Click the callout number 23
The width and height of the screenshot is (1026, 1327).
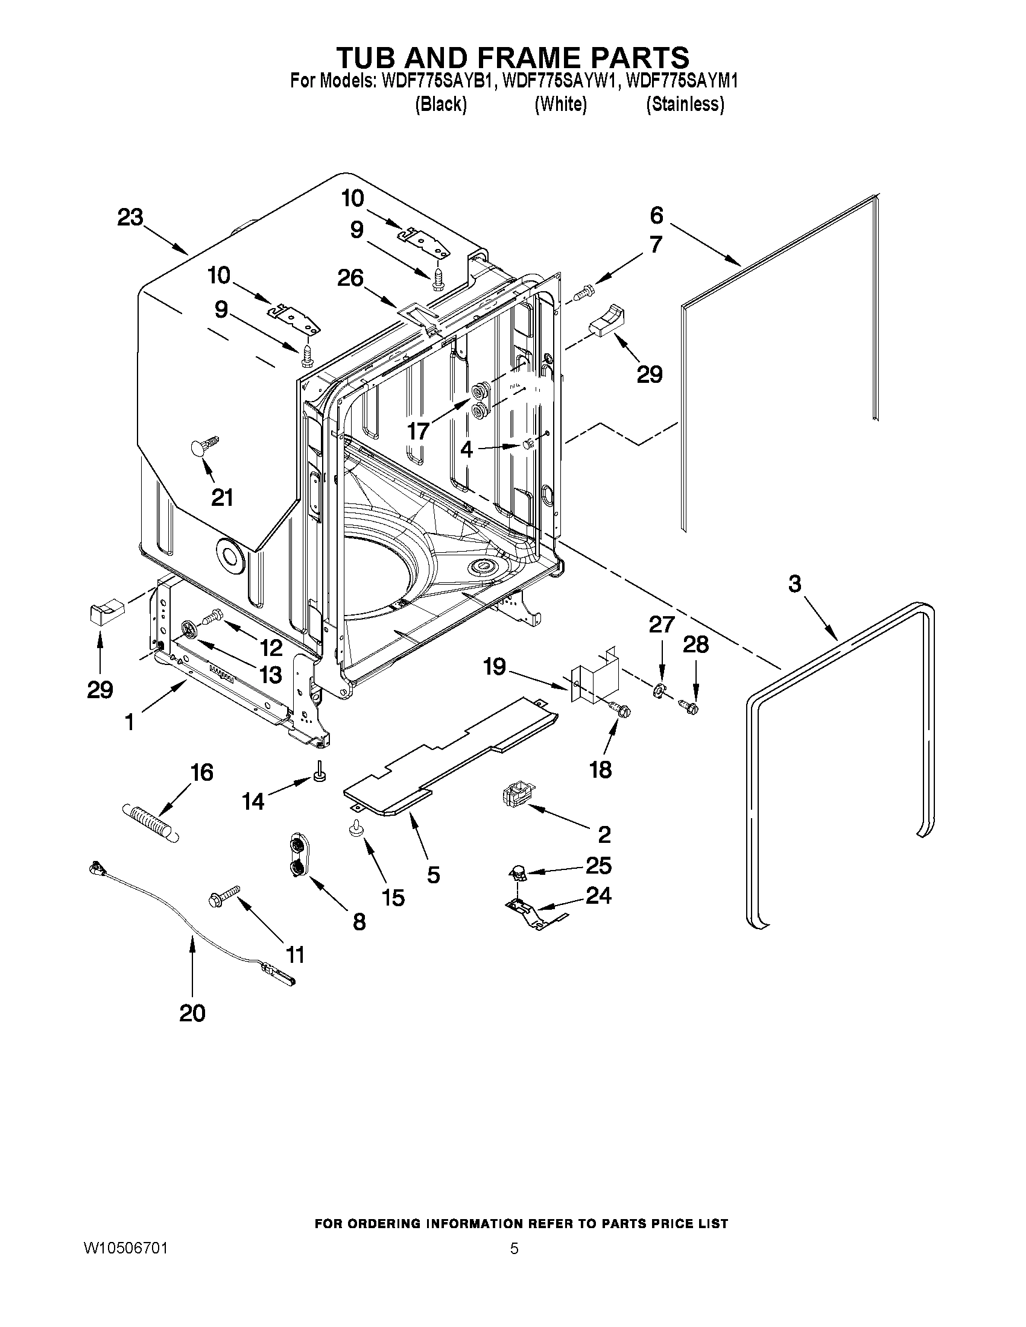tap(130, 218)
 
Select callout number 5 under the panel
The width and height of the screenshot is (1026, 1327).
tap(432, 874)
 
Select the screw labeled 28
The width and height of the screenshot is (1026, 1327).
tap(689, 705)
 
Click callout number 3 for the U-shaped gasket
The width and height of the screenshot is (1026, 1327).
tap(795, 584)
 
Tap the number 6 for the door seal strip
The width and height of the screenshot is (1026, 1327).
tap(656, 215)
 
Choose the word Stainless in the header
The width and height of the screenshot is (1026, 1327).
tap(685, 104)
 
